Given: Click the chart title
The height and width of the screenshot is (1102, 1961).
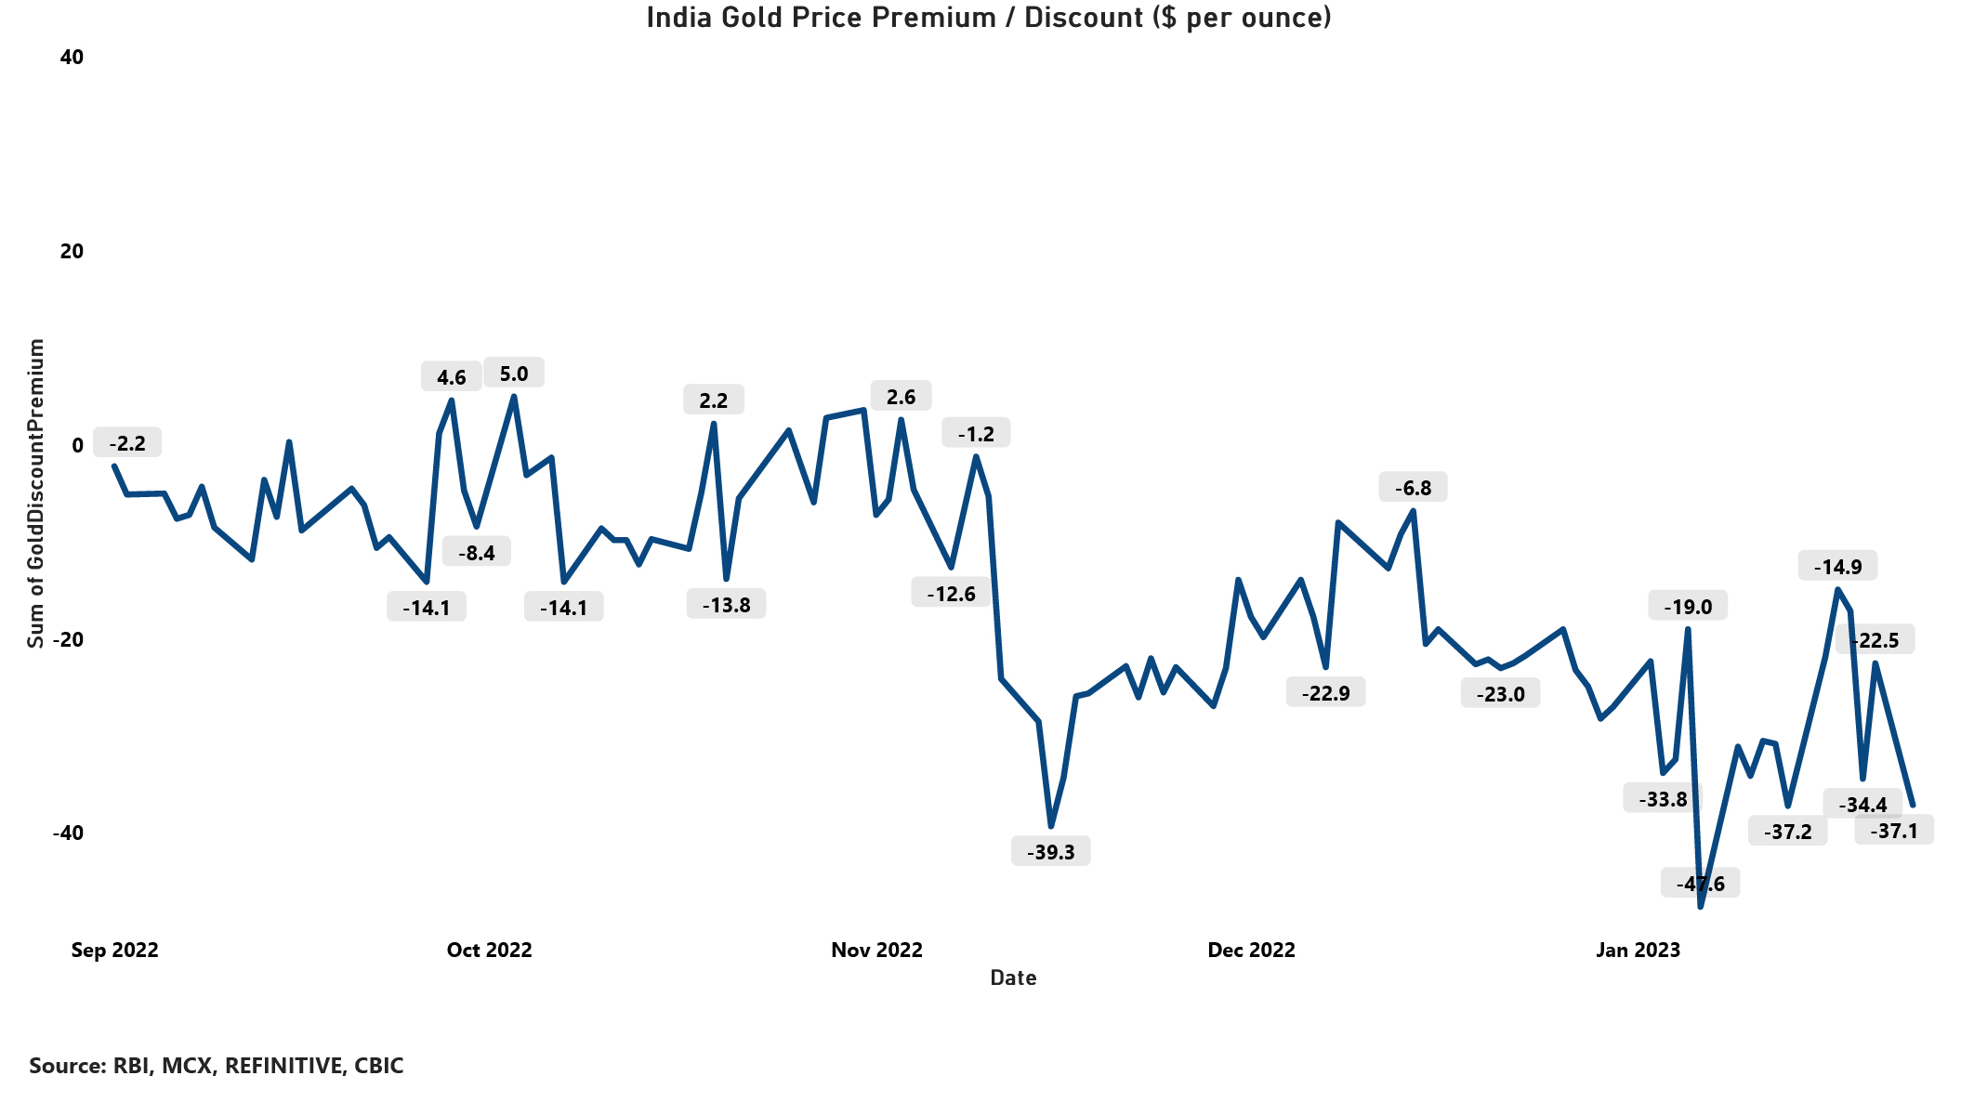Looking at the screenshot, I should [989, 18].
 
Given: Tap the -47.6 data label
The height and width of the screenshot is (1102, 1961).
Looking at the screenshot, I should [1700, 884].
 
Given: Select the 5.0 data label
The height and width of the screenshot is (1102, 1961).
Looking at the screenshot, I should [514, 374].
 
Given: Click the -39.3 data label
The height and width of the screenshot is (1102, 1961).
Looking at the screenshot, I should [1050, 852].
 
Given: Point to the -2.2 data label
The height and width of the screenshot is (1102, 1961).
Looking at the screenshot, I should [127, 443].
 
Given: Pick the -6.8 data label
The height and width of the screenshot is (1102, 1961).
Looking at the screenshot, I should [1413, 488].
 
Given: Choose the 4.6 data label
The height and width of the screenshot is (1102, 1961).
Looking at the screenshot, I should [451, 377].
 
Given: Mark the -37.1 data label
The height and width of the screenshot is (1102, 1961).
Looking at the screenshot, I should [1894, 831].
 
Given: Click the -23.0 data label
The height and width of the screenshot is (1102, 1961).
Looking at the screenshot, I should [1500, 694].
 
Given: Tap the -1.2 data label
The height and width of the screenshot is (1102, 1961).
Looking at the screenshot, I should [976, 434].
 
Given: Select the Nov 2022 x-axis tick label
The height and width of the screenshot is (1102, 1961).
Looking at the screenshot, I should [876, 950].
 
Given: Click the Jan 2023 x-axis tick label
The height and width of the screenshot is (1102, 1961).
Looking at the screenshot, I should [1638, 950].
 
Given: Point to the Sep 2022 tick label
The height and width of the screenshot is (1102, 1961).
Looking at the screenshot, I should [115, 950].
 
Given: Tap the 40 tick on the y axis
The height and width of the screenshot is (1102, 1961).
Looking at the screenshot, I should [72, 58].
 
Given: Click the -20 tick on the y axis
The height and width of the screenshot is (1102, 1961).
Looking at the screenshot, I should [67, 639].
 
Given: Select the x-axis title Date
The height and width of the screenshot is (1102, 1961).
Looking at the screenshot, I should [1013, 977].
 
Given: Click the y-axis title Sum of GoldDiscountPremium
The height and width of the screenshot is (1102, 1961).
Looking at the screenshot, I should [35, 492].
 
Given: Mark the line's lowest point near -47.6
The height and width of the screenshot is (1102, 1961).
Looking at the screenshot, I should [1700, 906].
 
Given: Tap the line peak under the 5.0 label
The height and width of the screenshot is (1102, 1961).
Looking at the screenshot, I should [513, 397].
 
